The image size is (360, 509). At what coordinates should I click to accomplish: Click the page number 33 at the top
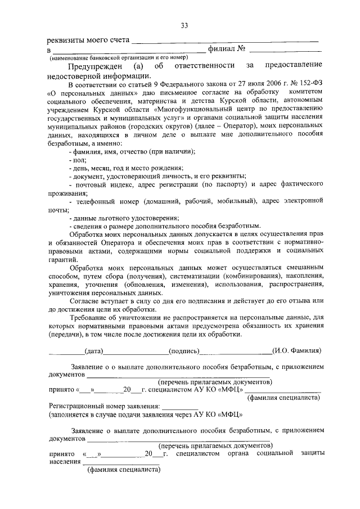[x=184, y=25]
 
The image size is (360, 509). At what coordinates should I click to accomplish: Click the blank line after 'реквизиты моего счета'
[x=224, y=42]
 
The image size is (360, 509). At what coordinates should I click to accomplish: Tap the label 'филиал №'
[x=226, y=50]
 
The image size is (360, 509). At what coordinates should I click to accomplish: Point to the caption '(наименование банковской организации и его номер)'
[x=119, y=58]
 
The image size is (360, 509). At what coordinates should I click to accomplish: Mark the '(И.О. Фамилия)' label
[x=296, y=351]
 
